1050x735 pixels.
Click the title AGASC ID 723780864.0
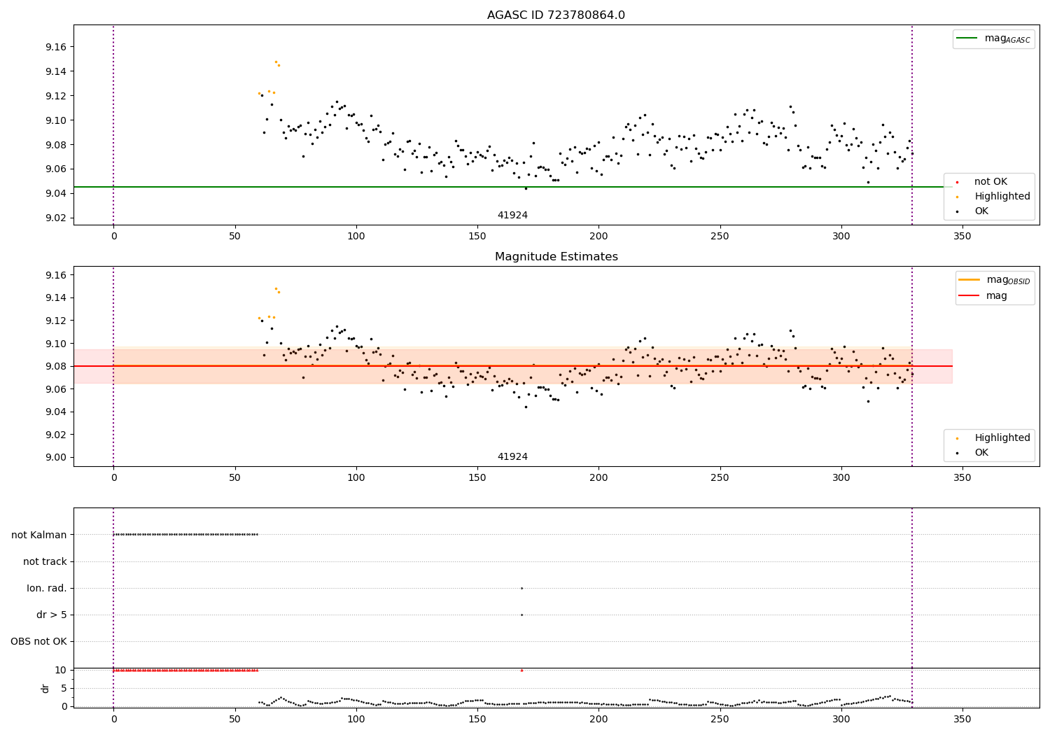coord(556,15)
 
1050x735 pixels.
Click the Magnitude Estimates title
coord(556,257)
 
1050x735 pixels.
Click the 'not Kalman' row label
coord(39,535)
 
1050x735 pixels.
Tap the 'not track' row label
coord(45,561)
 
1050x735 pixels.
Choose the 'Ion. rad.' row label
coord(47,588)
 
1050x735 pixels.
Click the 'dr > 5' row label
coord(52,615)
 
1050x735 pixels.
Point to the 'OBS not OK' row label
coord(38,641)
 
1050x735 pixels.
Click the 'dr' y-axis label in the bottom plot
coord(45,688)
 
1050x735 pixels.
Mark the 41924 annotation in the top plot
coord(512,215)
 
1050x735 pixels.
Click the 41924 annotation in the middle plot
coord(512,456)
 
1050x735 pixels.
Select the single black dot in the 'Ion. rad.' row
coord(521,588)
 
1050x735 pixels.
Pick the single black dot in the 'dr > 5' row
coord(521,615)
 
